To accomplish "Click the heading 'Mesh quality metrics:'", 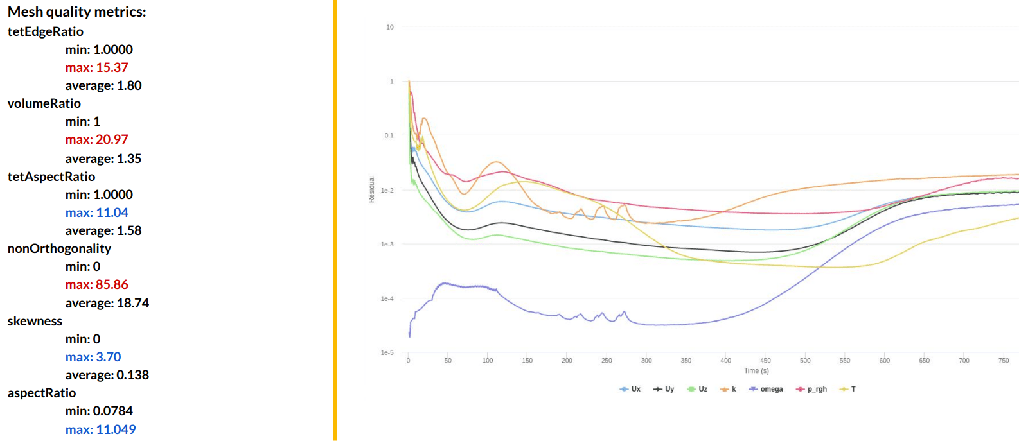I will [x=76, y=12].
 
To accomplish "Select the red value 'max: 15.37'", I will [x=96, y=67].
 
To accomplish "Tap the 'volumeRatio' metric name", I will [x=44, y=103].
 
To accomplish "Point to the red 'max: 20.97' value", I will [x=96, y=139].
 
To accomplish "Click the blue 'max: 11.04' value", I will [x=96, y=212].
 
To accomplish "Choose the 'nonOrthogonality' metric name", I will [x=59, y=248].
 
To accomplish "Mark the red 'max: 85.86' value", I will [x=96, y=284].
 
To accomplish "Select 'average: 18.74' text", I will [x=107, y=303].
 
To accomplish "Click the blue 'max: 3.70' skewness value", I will [x=93, y=357].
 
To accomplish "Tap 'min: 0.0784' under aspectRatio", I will [x=99, y=411].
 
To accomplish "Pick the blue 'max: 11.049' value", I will [x=100, y=429].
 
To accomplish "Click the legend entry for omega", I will [x=766, y=389].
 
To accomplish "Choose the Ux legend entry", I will [x=630, y=389].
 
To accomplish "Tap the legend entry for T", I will [x=848, y=389].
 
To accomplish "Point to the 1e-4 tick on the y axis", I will [x=387, y=298].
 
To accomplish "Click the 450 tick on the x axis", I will [x=765, y=361].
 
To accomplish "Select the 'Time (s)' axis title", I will [x=756, y=370].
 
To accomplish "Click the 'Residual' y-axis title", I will [x=371, y=189].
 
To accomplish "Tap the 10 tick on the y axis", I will [x=389, y=27].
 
